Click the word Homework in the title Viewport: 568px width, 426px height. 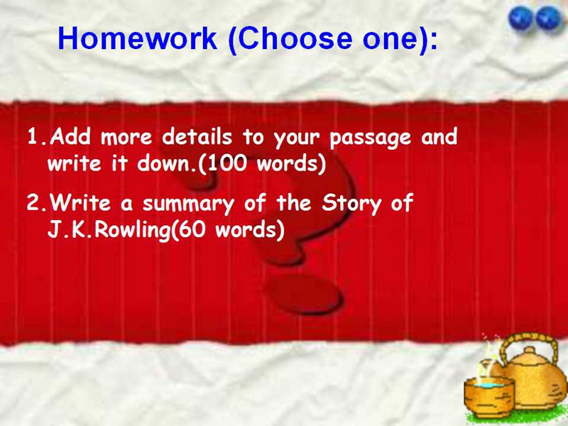(137, 38)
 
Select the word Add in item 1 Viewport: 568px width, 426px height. (70, 136)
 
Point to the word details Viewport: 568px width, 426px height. (197, 136)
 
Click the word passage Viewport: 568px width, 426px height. (370, 138)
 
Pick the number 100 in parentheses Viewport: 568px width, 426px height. (227, 163)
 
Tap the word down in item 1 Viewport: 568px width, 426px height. (166, 163)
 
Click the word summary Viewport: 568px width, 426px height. (188, 204)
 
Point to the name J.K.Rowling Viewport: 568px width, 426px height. (109, 230)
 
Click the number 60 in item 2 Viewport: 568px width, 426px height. (193, 229)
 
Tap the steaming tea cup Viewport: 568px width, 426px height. (489, 394)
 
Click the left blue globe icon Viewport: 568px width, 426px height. (520, 18)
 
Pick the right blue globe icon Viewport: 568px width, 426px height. (549, 18)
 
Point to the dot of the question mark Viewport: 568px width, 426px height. (304, 293)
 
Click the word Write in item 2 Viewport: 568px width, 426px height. (80, 203)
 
